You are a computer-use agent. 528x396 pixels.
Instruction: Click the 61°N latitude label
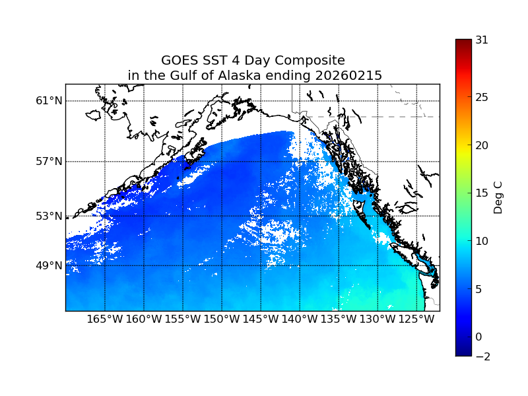[49, 101]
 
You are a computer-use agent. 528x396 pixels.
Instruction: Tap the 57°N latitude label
[49, 162]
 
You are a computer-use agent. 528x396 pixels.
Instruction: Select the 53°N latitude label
[49, 216]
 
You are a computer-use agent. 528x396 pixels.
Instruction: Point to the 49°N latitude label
[49, 265]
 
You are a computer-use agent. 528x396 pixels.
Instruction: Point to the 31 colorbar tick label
[482, 40]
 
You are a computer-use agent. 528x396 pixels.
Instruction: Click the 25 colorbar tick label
[482, 98]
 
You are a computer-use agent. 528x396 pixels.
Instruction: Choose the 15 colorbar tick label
[482, 193]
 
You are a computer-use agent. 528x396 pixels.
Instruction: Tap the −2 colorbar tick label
[482, 356]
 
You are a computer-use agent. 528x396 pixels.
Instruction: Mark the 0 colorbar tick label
[478, 337]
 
